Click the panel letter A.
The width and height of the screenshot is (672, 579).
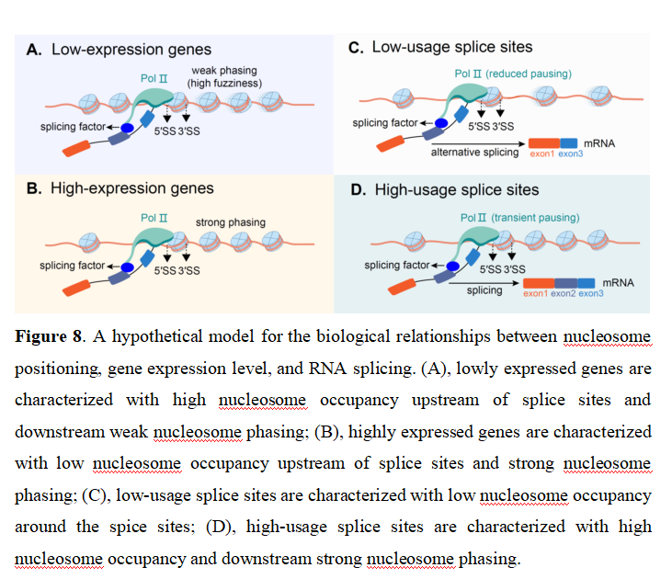click(33, 50)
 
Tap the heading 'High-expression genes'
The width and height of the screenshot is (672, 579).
click(132, 188)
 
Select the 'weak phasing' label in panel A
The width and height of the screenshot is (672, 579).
click(224, 70)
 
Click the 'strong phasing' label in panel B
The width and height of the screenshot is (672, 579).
click(231, 222)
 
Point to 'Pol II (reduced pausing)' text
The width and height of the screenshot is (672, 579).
click(513, 74)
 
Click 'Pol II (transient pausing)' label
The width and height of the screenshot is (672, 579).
click(519, 218)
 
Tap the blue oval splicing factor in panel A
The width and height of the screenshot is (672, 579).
click(127, 128)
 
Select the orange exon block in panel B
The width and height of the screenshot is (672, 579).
click(76, 288)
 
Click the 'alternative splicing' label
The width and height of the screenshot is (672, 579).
click(474, 153)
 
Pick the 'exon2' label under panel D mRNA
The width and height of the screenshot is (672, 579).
click(564, 293)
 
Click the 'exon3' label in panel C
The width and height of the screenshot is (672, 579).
click(571, 153)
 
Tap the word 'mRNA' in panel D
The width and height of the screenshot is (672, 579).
click(618, 283)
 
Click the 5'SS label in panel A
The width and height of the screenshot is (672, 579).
click(165, 131)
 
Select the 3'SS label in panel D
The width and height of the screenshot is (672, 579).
click(514, 269)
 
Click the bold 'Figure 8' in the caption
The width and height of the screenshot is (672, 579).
click(48, 336)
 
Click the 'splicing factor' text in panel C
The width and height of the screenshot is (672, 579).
click(385, 123)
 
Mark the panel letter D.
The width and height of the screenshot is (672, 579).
click(359, 190)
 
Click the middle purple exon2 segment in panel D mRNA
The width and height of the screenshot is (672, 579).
click(565, 283)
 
